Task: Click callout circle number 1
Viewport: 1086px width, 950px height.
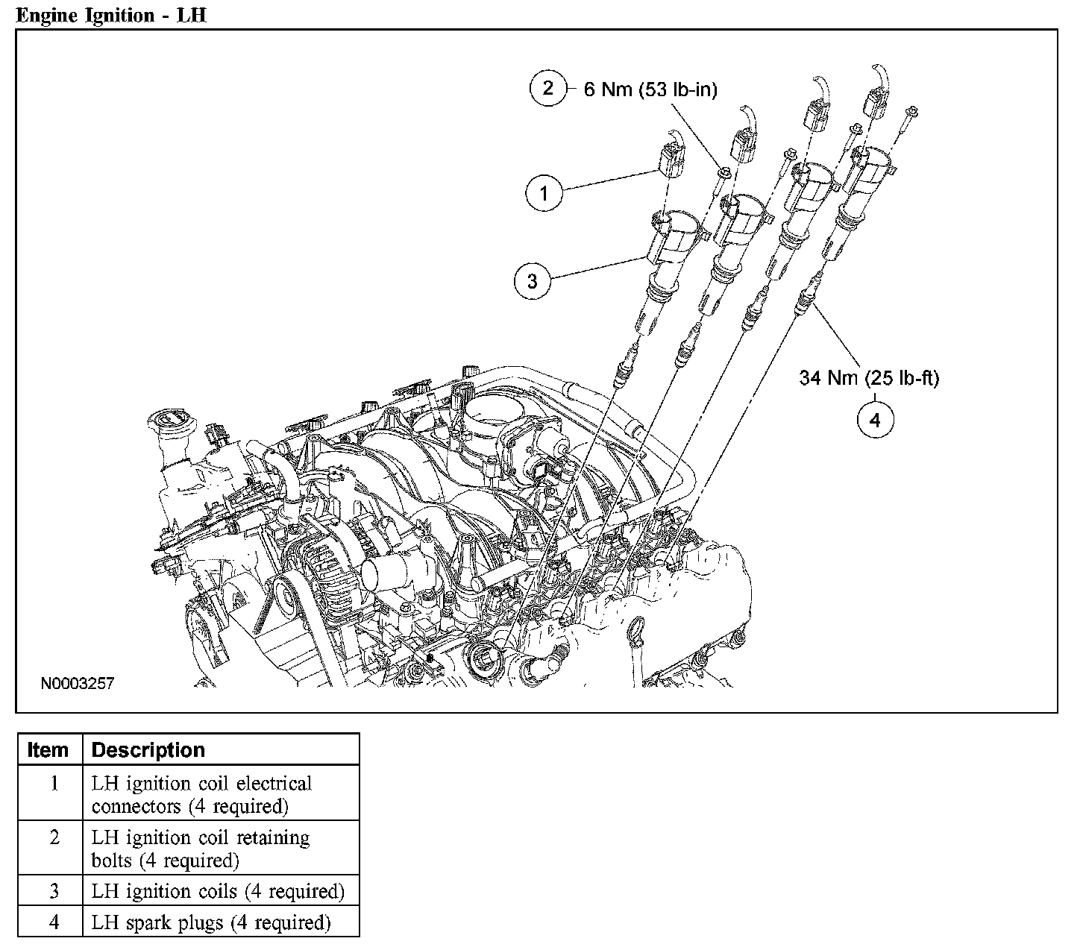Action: point(544,193)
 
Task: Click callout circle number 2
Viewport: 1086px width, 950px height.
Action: point(548,89)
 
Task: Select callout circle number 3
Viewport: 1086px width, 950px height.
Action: point(533,281)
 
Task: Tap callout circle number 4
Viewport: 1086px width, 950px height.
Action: point(875,420)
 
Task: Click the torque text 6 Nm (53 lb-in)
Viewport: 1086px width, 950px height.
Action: point(650,90)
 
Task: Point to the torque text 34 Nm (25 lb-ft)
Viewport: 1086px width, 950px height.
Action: point(869,378)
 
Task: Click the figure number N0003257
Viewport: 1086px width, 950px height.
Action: point(78,683)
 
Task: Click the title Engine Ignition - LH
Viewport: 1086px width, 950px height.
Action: point(110,16)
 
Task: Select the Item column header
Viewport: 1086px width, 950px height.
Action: point(48,749)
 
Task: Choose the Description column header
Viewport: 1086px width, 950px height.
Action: point(148,749)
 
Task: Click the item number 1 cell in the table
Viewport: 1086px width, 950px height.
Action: point(54,784)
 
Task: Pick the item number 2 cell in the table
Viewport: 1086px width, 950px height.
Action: point(54,837)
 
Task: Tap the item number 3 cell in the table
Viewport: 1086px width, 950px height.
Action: point(54,891)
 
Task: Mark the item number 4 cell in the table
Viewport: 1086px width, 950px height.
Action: point(54,922)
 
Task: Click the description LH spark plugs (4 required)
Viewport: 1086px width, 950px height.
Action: point(211,922)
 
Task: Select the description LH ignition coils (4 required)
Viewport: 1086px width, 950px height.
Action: point(218,891)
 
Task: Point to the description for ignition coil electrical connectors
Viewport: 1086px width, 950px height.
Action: point(201,795)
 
